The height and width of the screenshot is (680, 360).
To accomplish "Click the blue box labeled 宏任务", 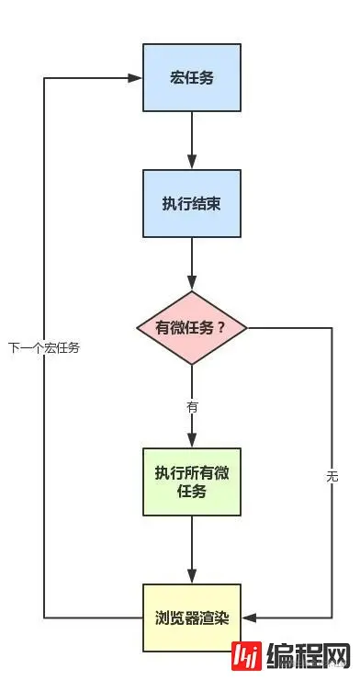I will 192,78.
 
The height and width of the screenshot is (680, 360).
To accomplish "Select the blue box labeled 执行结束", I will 192,203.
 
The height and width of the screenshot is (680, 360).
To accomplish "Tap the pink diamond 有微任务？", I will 192,328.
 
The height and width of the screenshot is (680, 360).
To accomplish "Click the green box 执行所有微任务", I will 192,482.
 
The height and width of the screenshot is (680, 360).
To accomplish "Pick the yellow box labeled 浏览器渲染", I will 192,617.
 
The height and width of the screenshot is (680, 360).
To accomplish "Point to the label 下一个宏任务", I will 44,348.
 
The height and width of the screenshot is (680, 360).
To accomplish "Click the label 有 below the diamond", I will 192,405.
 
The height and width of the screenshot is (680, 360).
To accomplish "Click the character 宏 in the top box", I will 175,78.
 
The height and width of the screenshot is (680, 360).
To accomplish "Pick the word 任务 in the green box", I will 192,491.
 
